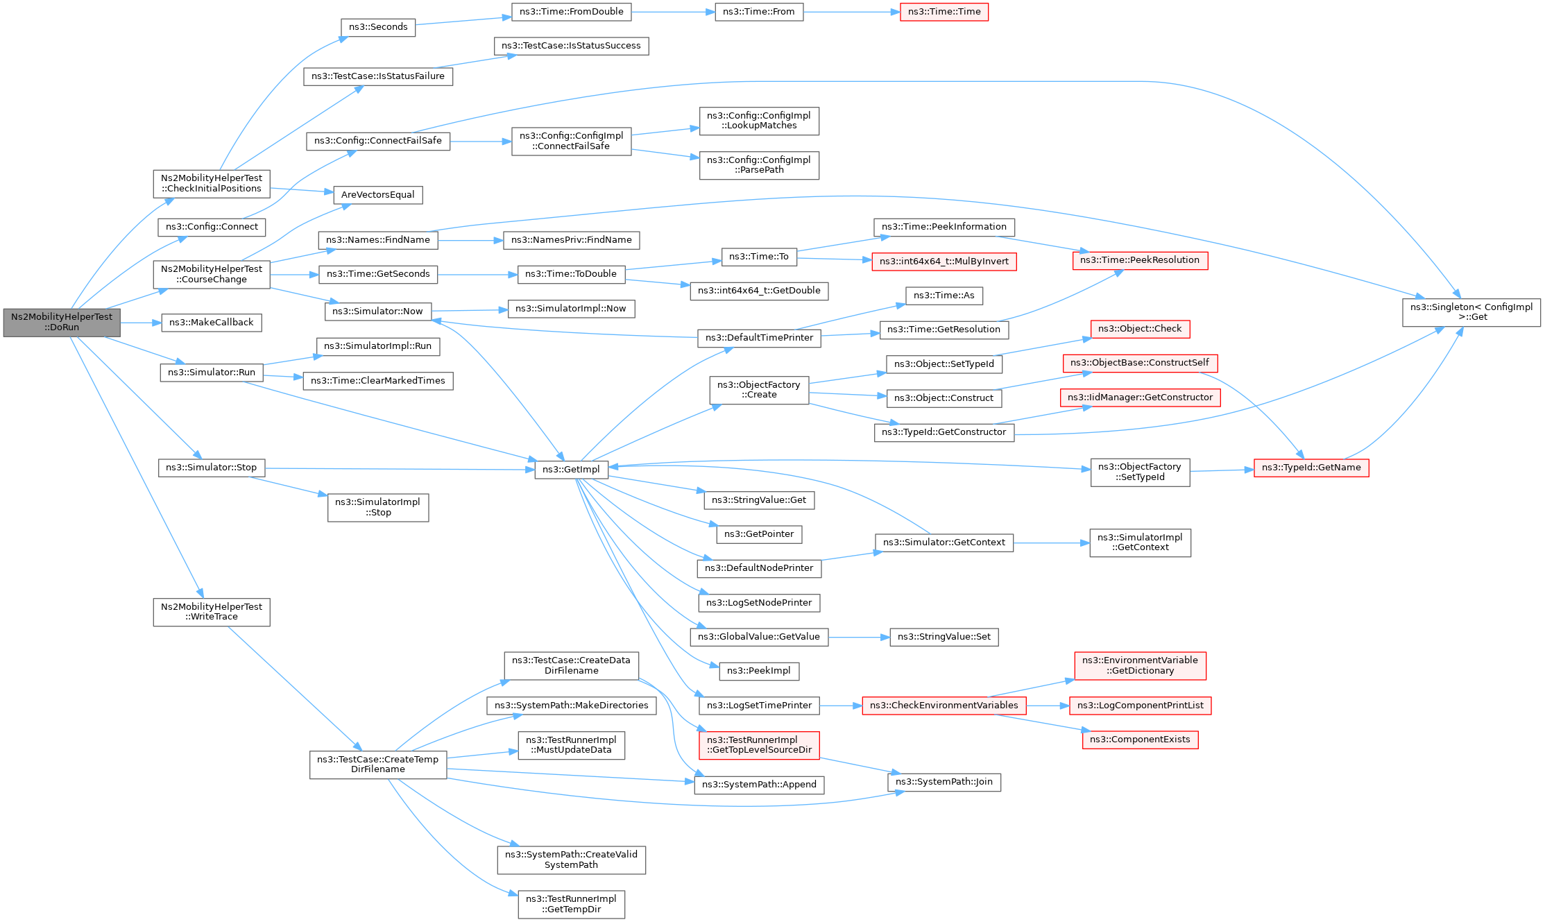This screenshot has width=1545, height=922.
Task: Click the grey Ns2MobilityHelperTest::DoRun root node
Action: (x=62, y=323)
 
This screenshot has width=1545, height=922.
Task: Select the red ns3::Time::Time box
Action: (x=944, y=12)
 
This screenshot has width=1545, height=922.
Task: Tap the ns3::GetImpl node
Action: (x=571, y=470)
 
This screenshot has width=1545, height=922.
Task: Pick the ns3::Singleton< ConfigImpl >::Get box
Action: (x=1471, y=312)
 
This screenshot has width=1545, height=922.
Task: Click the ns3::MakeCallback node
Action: (x=212, y=323)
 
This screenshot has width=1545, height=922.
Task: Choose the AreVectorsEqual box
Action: (x=378, y=195)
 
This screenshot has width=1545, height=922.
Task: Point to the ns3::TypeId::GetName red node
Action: (x=1311, y=468)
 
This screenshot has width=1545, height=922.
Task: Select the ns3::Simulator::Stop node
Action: (x=212, y=468)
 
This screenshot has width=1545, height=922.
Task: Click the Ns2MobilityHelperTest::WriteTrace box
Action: (x=212, y=612)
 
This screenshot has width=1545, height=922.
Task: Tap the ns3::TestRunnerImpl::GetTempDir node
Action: (x=571, y=904)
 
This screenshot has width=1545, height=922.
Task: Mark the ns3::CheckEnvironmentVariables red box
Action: (x=944, y=706)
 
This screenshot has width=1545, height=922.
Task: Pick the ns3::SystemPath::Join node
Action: (x=944, y=782)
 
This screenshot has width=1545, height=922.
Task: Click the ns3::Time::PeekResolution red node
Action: (x=1140, y=260)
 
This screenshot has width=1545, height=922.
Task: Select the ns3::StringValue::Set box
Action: (x=944, y=637)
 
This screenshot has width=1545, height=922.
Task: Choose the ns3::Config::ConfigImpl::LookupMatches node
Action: (x=759, y=121)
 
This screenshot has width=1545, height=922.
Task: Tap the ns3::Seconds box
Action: (x=378, y=27)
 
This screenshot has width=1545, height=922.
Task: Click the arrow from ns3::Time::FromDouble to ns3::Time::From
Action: (x=673, y=12)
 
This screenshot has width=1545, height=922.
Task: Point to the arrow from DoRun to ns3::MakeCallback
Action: (x=141, y=323)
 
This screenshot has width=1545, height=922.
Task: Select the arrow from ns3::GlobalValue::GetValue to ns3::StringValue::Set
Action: (x=859, y=637)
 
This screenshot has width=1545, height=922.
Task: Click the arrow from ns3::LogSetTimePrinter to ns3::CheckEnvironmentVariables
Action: (x=841, y=706)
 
